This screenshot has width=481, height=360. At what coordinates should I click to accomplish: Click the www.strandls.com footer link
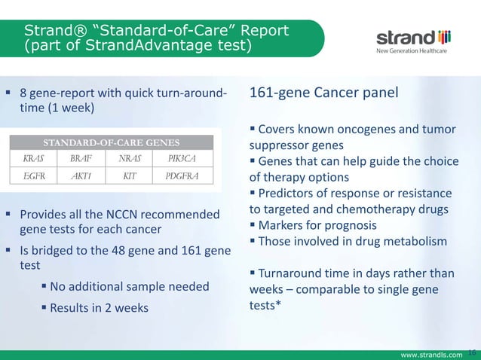click(431, 354)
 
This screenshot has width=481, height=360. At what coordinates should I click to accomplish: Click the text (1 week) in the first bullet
click(69, 108)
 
